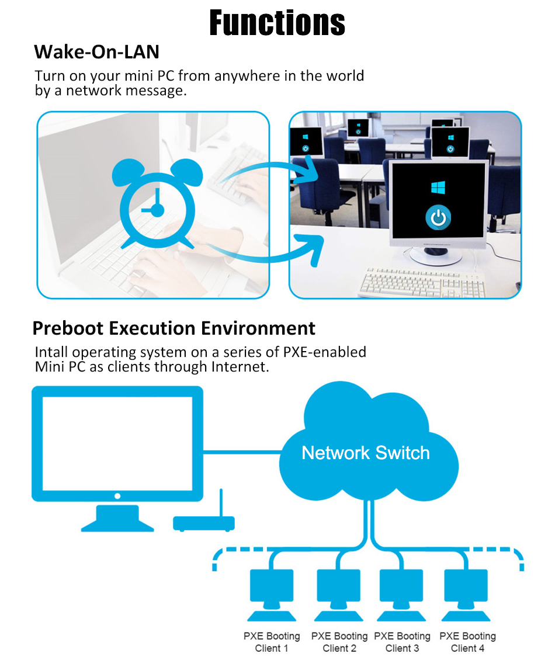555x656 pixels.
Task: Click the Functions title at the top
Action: (x=277, y=23)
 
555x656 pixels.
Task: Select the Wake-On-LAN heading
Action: (x=96, y=51)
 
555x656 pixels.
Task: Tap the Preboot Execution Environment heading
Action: (x=174, y=328)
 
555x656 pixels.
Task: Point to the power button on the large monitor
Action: (x=438, y=218)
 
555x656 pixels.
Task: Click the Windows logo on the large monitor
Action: (x=438, y=188)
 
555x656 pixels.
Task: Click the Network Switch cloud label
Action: (x=365, y=453)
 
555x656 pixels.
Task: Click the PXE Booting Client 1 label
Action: (x=272, y=642)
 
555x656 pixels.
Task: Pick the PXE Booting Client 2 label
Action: (x=339, y=642)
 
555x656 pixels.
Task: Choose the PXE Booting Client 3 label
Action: (x=402, y=642)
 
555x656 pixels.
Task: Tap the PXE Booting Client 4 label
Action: (x=467, y=642)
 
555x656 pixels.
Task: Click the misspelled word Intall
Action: (x=51, y=352)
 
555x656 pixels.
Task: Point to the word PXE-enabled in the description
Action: (x=325, y=352)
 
